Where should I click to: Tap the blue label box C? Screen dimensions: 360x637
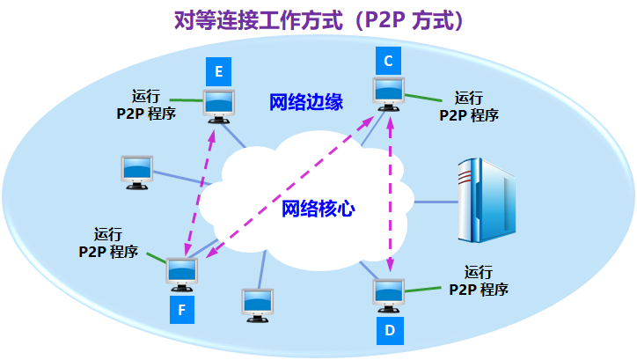point(387,61)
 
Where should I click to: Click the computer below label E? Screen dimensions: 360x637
point(218,104)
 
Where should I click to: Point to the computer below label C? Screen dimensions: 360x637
point(387,93)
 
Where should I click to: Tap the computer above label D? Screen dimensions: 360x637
point(388,293)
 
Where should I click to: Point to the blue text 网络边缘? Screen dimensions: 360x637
point(305,101)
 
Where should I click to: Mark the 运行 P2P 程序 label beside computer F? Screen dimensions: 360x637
point(108,243)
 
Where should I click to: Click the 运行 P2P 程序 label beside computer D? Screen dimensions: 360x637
point(479,280)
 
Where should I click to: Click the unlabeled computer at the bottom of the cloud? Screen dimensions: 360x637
point(258,304)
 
